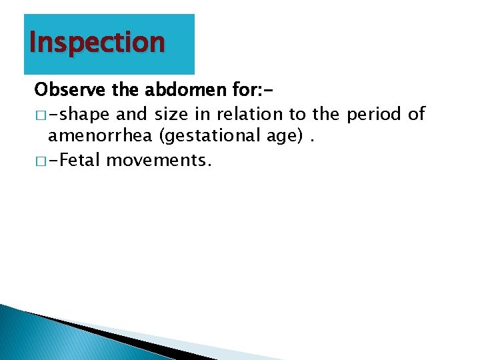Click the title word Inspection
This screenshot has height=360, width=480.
coord(97,43)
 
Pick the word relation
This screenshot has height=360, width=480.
coord(248,114)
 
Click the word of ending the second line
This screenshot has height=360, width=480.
coord(416,114)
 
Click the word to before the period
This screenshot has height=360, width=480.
coord(296,114)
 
